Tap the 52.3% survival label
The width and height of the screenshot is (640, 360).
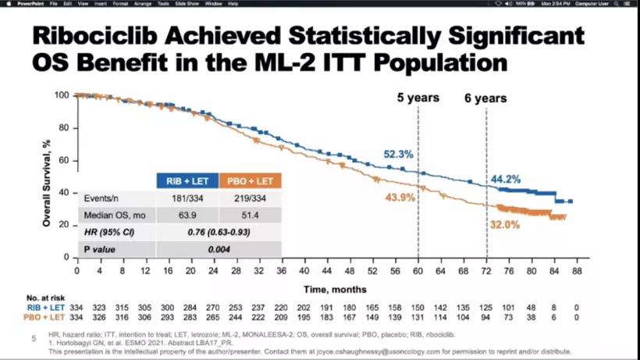398,155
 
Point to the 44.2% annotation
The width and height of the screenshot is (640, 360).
506,180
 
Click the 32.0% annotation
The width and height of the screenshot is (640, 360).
505,224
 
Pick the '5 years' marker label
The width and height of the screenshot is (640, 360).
417,98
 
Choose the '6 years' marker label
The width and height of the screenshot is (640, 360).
485,98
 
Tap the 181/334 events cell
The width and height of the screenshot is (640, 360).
187,199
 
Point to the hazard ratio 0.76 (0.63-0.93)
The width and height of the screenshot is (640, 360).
219,232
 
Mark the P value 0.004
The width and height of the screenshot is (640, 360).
219,248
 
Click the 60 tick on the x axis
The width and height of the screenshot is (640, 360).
418,270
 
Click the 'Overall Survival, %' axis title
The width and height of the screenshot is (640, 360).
47,176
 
